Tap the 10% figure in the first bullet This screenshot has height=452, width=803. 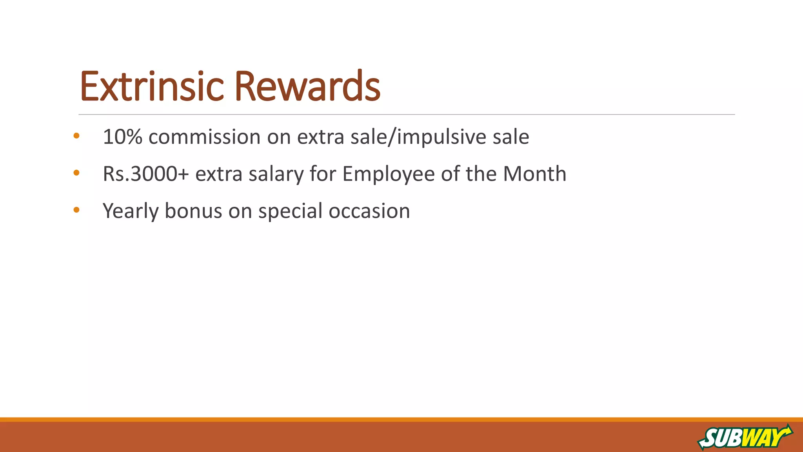(122, 137)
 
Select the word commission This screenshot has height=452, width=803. (204, 137)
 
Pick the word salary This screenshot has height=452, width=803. (276, 173)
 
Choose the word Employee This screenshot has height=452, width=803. (388, 173)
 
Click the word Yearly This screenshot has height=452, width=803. (130, 211)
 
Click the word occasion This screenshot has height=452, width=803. (369, 211)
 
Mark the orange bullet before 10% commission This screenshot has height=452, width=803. (76, 136)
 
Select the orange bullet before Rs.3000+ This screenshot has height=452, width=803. (76, 173)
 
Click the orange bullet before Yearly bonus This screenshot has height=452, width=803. (76, 210)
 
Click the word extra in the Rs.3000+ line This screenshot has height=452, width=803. (219, 173)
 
